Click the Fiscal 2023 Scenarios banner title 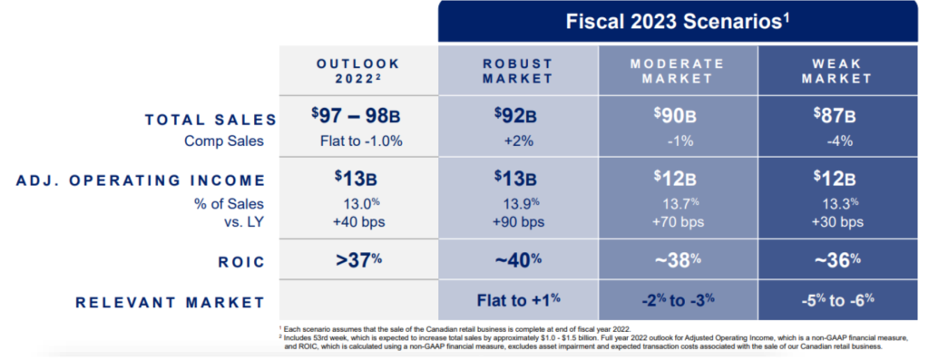(678, 22)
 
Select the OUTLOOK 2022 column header (357, 71)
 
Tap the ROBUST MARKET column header (517, 71)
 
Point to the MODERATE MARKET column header (677, 71)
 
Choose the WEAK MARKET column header (836, 71)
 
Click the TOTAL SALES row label (210, 120)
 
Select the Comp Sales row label (224, 141)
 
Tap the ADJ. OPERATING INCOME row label (140, 180)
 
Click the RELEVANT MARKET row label (170, 303)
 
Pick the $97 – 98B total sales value (356, 116)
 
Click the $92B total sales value (515, 116)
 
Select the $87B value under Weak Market (835, 116)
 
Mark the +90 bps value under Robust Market (517, 222)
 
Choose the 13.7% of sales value (680, 203)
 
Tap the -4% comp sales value (837, 141)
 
